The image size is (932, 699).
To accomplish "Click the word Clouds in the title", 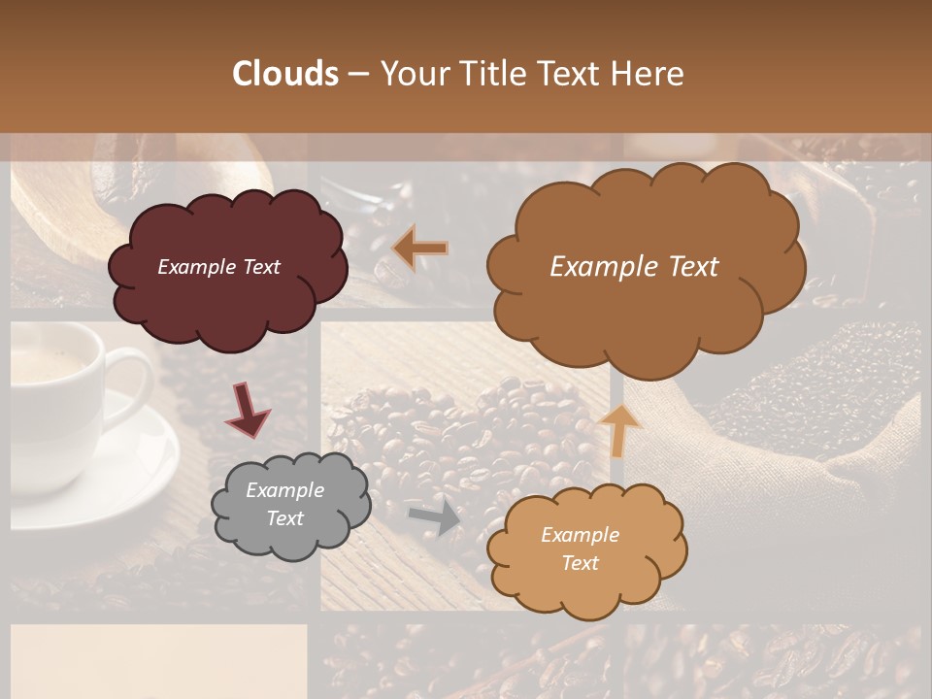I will click(285, 74).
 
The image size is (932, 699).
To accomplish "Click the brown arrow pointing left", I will click(420, 249).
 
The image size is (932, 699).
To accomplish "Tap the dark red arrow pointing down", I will click(248, 410).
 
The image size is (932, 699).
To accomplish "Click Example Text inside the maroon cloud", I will click(218, 267).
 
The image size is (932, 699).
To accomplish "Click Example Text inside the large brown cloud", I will click(634, 267).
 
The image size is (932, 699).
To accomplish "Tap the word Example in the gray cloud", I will click(284, 490).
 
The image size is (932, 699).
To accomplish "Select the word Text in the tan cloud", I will click(580, 563).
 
